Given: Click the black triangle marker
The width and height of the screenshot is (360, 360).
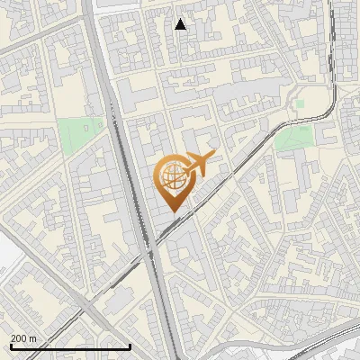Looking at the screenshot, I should [x=181, y=24].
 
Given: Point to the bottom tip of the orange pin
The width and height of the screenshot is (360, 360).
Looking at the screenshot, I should [x=172, y=212].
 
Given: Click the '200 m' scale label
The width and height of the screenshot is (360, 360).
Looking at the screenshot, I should [x=24, y=337].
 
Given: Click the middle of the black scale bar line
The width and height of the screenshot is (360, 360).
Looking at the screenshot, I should [x=69, y=346].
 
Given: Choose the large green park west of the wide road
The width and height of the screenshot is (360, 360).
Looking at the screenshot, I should [x=80, y=135].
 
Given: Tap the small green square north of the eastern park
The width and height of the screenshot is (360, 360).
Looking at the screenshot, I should [x=300, y=103].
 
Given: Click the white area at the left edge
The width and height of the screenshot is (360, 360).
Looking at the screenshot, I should [x=4, y=261].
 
